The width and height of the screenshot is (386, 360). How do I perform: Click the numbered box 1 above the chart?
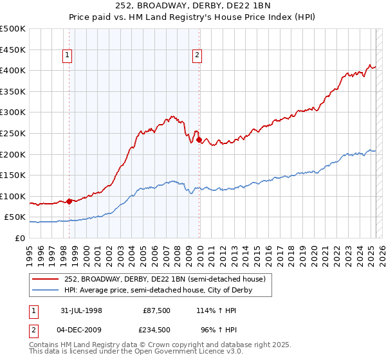tap(68, 56)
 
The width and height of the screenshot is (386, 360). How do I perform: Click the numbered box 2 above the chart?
tap(197, 56)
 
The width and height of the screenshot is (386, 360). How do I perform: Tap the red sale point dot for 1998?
tap(69, 201)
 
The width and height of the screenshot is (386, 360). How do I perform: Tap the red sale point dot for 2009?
tap(199, 139)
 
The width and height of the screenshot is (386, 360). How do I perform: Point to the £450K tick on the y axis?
tap(14, 50)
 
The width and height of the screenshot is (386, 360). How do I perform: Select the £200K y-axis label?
tap(14, 154)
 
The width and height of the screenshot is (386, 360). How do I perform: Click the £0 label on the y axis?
tap(20, 239)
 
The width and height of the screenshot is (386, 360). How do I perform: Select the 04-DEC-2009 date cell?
tap(78, 330)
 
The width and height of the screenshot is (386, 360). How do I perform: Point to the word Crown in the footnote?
tap(158, 345)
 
